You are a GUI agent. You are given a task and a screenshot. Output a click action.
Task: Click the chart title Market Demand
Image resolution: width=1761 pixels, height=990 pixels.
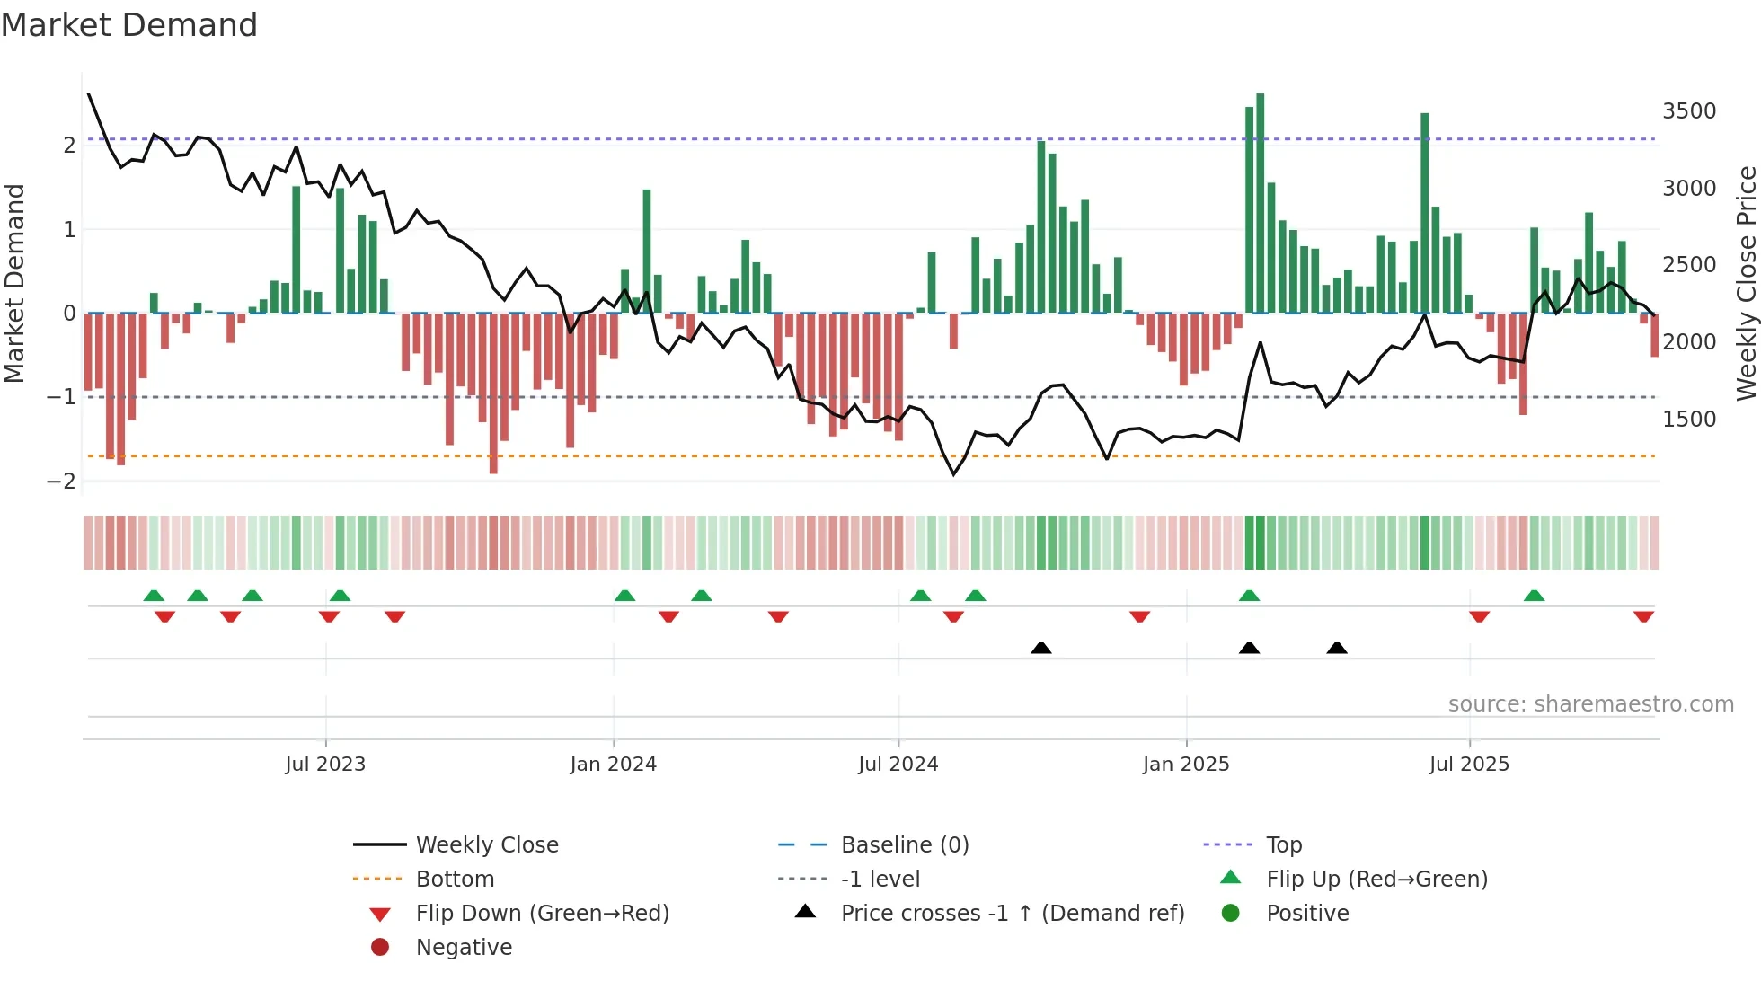click(x=129, y=24)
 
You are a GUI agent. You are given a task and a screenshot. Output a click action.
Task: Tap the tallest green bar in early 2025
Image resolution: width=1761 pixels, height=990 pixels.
click(x=1261, y=202)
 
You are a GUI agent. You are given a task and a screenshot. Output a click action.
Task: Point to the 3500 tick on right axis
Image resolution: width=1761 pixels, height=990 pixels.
click(x=1689, y=111)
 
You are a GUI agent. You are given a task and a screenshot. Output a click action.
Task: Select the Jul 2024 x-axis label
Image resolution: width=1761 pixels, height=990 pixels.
click(x=898, y=765)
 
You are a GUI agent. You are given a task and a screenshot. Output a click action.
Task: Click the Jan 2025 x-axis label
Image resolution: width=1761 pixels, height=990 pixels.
click(x=1186, y=765)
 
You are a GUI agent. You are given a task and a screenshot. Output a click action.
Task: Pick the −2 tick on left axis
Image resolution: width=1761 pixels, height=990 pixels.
click(x=61, y=481)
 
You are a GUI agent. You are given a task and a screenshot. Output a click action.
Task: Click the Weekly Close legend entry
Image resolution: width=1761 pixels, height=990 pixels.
click(x=487, y=845)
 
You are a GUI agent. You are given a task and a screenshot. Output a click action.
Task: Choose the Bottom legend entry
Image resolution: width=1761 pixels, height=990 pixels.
click(x=455, y=880)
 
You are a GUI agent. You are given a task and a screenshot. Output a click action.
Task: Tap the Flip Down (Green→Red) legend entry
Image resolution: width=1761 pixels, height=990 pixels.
click(x=542, y=914)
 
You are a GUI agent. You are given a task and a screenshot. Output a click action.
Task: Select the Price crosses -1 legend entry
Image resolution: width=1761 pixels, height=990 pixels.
click(x=1013, y=914)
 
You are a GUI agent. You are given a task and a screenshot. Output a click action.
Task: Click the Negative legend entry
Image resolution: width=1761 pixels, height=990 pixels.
click(x=464, y=948)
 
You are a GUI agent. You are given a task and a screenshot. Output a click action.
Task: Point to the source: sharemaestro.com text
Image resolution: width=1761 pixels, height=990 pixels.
click(x=1590, y=704)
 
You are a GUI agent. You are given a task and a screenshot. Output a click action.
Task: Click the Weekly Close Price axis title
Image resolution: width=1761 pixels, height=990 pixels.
click(x=1746, y=283)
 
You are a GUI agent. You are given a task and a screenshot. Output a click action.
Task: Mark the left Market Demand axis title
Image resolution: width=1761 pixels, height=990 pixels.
click(x=15, y=283)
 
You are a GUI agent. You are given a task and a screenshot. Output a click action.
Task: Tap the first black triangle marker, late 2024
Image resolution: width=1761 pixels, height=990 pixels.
click(x=1040, y=648)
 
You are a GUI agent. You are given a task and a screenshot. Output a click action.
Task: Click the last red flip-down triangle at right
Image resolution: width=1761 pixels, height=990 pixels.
click(x=1643, y=616)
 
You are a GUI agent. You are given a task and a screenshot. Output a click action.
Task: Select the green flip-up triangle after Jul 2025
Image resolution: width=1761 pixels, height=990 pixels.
click(x=1534, y=596)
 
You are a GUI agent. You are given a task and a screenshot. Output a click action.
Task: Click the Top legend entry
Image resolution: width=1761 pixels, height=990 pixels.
click(x=1284, y=845)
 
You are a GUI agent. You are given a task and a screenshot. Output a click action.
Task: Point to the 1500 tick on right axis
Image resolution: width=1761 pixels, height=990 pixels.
click(x=1689, y=420)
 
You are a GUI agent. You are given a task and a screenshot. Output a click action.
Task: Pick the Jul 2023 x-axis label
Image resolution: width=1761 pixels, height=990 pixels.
click(x=325, y=765)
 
